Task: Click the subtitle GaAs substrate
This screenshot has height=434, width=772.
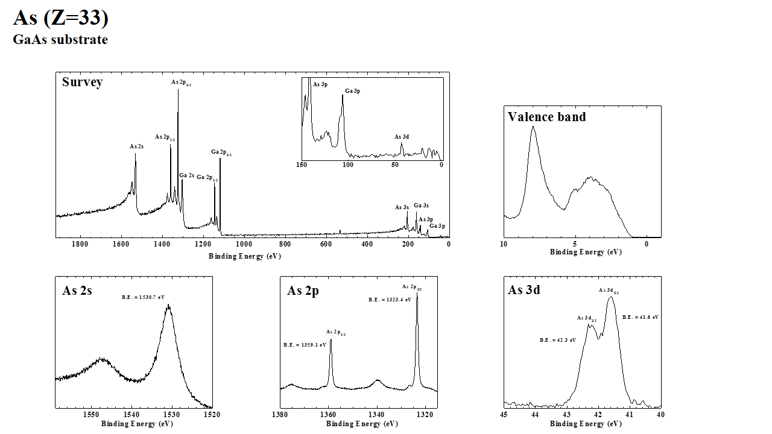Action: (60, 40)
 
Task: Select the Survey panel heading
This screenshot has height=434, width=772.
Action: (82, 82)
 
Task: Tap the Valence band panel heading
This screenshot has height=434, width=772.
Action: (546, 117)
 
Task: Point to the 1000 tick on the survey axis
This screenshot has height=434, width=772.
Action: (244, 244)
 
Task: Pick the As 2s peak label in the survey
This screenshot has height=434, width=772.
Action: (136, 146)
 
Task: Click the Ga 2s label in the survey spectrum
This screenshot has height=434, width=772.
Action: (186, 175)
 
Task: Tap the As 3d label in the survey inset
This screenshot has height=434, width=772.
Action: (402, 137)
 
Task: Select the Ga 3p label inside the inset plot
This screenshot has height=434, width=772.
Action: (353, 92)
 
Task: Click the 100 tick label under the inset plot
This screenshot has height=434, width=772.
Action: (348, 165)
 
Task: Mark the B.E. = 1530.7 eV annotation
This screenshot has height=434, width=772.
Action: (144, 297)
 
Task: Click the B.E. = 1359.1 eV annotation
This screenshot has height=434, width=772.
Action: (305, 345)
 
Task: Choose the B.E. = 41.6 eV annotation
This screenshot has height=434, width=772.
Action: (641, 317)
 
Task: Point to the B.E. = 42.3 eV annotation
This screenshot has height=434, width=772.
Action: (557, 340)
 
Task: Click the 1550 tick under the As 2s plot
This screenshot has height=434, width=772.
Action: (90, 415)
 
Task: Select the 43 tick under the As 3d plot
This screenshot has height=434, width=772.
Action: (566, 415)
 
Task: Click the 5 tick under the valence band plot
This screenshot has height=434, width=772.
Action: (575, 244)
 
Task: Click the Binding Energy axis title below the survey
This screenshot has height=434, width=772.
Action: (245, 256)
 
